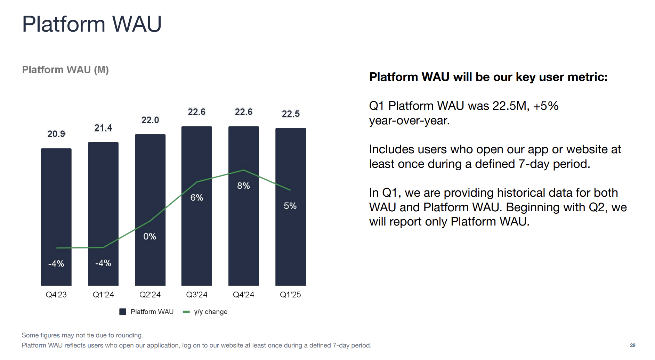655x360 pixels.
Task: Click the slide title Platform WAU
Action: (x=92, y=24)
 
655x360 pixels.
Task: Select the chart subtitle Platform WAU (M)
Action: (x=65, y=70)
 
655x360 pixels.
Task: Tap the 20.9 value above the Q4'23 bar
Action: (x=56, y=134)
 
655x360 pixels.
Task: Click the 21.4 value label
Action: (x=103, y=128)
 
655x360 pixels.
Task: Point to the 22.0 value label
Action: (x=150, y=120)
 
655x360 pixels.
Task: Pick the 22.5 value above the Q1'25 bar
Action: (x=291, y=114)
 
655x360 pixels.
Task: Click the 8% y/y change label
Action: (x=243, y=186)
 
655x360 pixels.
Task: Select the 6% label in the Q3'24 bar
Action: (x=196, y=197)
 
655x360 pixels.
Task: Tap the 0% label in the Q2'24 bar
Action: (x=149, y=236)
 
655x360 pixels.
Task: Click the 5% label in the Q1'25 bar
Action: (x=290, y=206)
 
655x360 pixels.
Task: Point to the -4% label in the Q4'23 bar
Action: (x=56, y=263)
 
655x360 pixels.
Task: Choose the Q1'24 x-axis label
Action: (x=103, y=295)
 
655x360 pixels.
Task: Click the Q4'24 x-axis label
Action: (x=243, y=295)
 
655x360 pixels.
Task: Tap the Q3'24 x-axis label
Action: (x=196, y=295)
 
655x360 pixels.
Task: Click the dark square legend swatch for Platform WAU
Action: (x=123, y=312)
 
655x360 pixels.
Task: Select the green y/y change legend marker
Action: (x=186, y=312)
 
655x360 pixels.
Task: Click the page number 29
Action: (x=632, y=345)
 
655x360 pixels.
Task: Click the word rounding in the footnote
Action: (x=130, y=335)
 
